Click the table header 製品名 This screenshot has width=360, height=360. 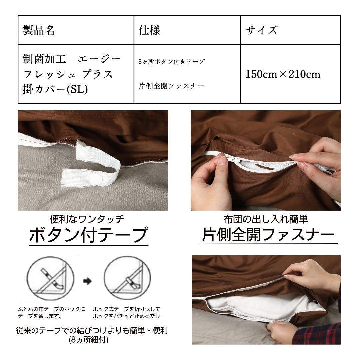pyautogui.click(x=39, y=30)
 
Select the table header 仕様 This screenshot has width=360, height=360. pyautogui.click(x=149, y=30)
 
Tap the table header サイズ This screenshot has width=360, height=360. pyautogui.click(x=262, y=30)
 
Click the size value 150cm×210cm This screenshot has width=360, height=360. pyautogui.click(x=283, y=74)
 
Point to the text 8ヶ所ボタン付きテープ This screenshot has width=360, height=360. pyautogui.click(x=172, y=62)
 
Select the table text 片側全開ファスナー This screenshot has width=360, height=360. pyautogui.click(x=171, y=86)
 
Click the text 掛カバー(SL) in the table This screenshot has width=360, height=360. pyautogui.click(x=55, y=89)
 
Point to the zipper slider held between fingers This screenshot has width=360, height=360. pyautogui.click(x=234, y=160)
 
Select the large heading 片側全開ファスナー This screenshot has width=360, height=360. pyautogui.click(x=268, y=235)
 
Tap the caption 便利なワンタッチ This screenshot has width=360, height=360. pyautogui.click(x=87, y=219)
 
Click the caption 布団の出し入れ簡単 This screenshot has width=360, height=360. pyautogui.click(x=266, y=219)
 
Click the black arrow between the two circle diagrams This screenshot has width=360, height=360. pyautogui.click(x=87, y=281)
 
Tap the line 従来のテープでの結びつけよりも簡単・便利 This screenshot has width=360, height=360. pyautogui.click(x=92, y=330)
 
